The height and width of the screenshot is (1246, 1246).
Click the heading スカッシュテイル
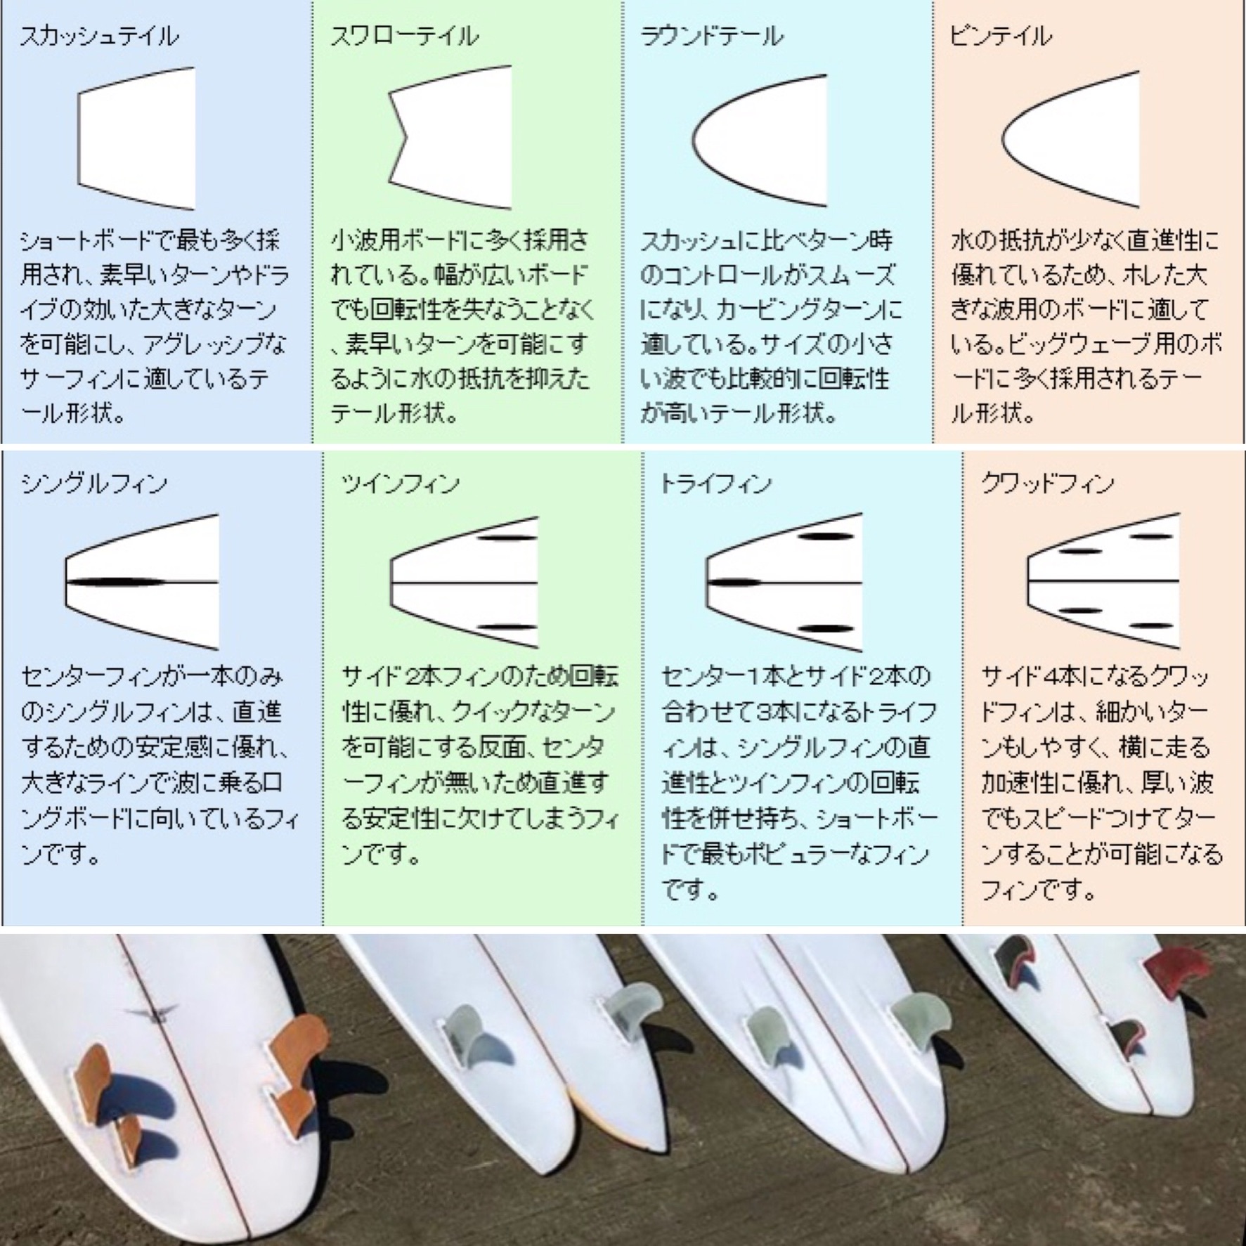pyautogui.click(x=99, y=36)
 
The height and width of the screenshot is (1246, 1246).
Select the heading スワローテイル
pyautogui.click(x=405, y=36)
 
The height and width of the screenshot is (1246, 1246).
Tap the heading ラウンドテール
pyautogui.click(x=711, y=36)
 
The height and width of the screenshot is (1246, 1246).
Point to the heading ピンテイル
pyautogui.click(x=1001, y=36)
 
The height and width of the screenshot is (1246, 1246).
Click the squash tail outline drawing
pyautogui.click(x=136, y=138)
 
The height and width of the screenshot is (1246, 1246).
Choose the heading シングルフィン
pyautogui.click(x=94, y=484)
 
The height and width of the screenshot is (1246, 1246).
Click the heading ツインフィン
pyautogui.click(x=401, y=484)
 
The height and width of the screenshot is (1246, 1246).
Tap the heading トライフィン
pyautogui.click(x=715, y=484)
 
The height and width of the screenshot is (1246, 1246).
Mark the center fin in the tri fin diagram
pyautogui.click(x=734, y=583)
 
